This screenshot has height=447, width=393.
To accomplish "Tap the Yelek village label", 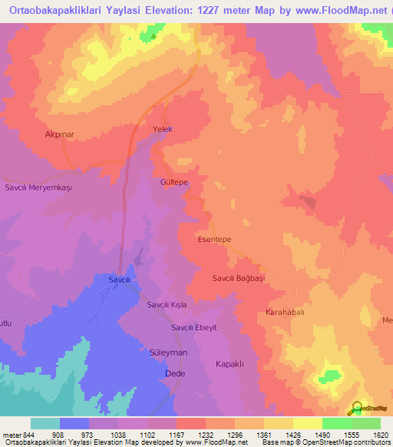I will [x=163, y=129].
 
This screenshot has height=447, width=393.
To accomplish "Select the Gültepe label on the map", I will [x=174, y=184].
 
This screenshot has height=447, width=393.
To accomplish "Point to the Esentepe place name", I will [x=215, y=239].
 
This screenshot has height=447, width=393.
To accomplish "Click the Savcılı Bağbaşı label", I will [x=238, y=278].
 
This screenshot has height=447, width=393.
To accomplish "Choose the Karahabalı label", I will [x=285, y=313].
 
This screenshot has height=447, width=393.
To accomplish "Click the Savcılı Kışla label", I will [x=167, y=305].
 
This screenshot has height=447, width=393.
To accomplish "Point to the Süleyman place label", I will [x=167, y=352].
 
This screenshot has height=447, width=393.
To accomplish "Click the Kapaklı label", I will [x=230, y=364].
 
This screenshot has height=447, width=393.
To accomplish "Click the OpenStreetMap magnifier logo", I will [x=356, y=407].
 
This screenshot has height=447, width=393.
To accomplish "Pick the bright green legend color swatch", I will [x=337, y=423].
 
